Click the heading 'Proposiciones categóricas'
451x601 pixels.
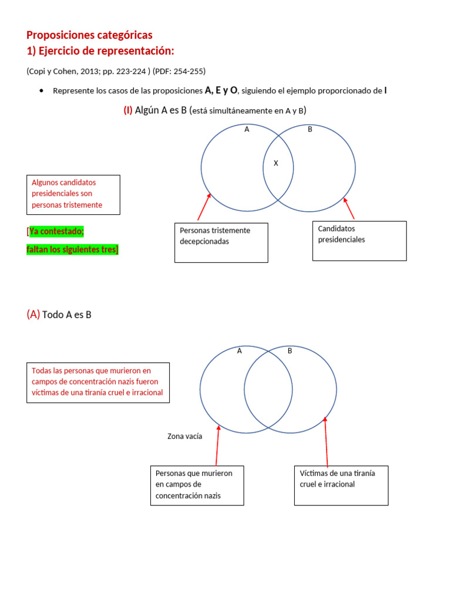(89, 35)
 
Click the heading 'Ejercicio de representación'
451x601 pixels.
(106, 50)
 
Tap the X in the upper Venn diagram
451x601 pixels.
(275, 164)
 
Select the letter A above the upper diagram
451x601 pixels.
(247, 130)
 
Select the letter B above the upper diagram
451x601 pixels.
(310, 130)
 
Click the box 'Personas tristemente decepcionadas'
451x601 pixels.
(221, 242)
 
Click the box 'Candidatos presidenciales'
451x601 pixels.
(359, 240)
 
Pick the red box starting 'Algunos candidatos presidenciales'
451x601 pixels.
(73, 194)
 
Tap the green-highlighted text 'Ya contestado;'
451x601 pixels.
(56, 231)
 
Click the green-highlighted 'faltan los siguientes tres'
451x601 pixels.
(72, 249)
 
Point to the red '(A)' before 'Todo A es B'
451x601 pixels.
(33, 315)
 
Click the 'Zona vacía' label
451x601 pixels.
(184, 436)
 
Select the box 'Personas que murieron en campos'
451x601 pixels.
(197, 485)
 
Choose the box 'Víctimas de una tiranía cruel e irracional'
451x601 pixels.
(341, 485)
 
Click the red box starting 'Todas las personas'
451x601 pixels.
(98, 382)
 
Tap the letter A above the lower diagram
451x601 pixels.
(240, 351)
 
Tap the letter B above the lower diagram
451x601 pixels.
(290, 351)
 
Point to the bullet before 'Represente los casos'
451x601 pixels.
(41, 91)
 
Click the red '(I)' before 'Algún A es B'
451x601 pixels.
(127, 110)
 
